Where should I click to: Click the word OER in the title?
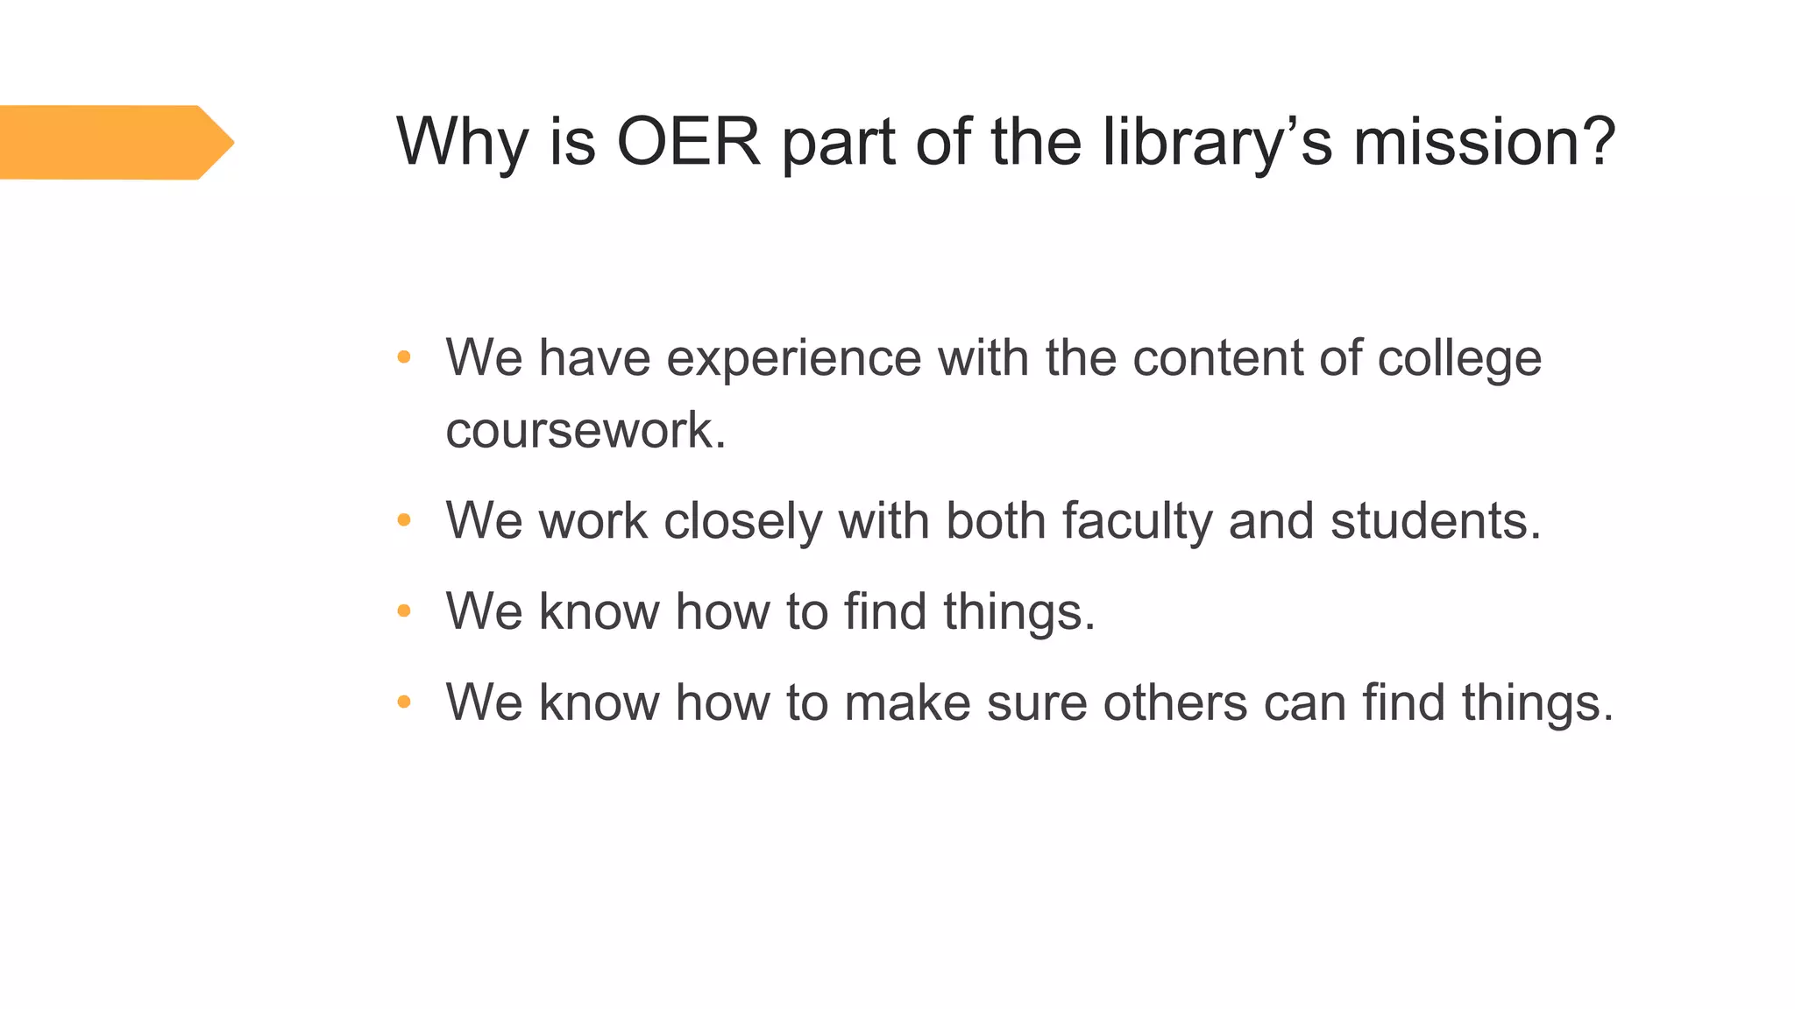pyautogui.click(x=688, y=142)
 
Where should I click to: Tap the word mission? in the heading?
pyautogui.click(x=1484, y=142)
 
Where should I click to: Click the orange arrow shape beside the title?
pyautogui.click(x=114, y=142)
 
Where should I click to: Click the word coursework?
pyautogui.click(x=585, y=430)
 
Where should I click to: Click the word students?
pyautogui.click(x=1435, y=521)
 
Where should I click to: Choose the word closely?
pyautogui.click(x=742, y=522)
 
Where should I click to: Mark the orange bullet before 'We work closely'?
pyautogui.click(x=404, y=521)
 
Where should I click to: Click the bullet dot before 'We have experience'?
pyautogui.click(x=404, y=357)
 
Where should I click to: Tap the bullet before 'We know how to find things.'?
pyautogui.click(x=404, y=611)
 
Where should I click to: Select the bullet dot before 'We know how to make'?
pyautogui.click(x=404, y=702)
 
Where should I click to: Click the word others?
pyautogui.click(x=1174, y=702)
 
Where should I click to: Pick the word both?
pyautogui.click(x=996, y=521)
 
